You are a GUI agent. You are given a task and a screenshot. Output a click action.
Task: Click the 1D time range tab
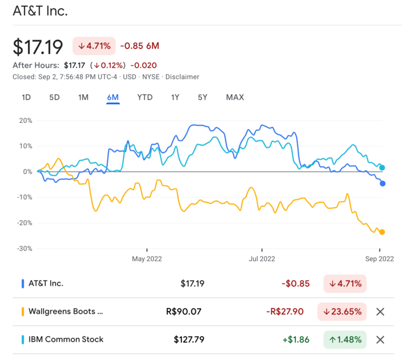(26, 97)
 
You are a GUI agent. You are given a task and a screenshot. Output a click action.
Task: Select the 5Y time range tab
(202, 97)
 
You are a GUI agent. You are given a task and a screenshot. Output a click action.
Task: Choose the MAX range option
(235, 97)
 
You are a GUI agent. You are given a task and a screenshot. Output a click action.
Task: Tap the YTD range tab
(145, 97)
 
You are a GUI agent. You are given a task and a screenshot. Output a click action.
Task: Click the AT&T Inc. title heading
(40, 11)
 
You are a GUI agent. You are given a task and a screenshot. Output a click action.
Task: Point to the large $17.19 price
(38, 47)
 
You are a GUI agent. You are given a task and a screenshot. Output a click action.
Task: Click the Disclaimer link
(182, 77)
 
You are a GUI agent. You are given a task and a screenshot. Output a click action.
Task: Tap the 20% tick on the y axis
(26, 121)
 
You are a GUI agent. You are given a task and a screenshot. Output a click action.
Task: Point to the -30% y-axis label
(25, 249)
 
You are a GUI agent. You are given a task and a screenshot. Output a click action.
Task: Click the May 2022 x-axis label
(147, 259)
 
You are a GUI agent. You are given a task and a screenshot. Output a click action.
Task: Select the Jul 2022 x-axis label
(262, 259)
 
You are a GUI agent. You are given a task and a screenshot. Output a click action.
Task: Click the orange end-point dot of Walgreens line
(382, 232)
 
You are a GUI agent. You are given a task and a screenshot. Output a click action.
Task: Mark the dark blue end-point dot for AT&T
(383, 183)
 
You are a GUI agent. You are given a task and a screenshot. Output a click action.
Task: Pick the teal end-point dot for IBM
(382, 168)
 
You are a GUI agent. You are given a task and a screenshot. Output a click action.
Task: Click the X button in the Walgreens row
(380, 312)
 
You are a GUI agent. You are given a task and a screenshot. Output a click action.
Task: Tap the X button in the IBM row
(380, 340)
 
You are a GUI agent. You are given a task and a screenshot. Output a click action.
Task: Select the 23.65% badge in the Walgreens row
(342, 312)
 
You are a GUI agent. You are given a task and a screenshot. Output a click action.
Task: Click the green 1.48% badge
(345, 340)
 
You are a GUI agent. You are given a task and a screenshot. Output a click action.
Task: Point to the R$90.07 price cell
(183, 311)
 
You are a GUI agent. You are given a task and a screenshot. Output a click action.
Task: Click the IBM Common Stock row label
(66, 339)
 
